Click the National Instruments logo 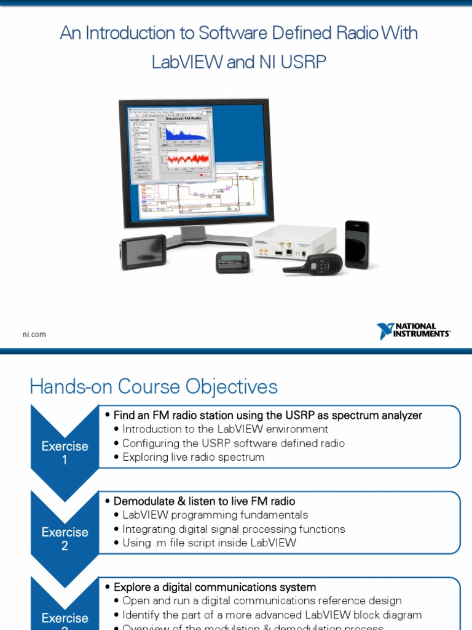[x=413, y=331]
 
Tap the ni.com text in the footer [x=34, y=335]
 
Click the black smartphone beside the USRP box [x=356, y=244]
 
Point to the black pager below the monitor [x=233, y=261]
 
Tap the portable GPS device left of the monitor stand [x=143, y=252]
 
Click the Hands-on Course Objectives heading [x=154, y=387]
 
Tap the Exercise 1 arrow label [x=65, y=453]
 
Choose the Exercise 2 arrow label [x=65, y=538]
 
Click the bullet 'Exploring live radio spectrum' [x=194, y=457]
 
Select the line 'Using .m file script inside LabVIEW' [x=209, y=543]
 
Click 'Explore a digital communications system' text [x=214, y=587]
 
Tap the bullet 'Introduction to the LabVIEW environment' [x=225, y=429]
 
